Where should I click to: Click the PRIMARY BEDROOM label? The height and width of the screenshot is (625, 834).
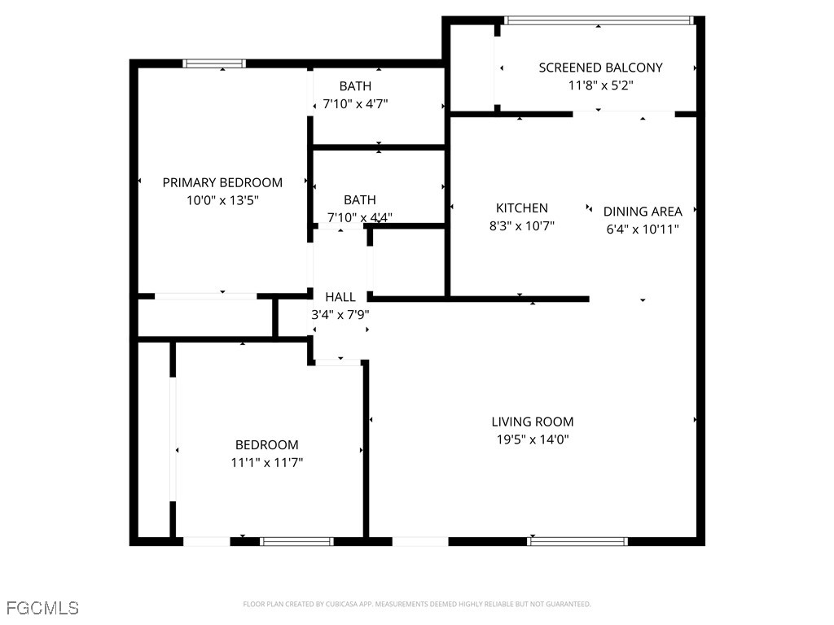222,182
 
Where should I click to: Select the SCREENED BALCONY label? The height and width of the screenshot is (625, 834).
600,68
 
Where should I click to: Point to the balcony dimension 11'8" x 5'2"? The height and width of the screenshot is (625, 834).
600,85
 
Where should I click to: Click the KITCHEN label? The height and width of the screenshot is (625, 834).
522,208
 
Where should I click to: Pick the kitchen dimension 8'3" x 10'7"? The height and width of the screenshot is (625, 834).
522,226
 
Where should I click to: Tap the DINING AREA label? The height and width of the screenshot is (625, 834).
643,212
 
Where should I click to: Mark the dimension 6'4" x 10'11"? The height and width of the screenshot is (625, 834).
643,229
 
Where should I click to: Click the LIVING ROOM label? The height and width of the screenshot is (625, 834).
533,422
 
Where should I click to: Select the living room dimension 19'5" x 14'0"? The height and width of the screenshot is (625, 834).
533,439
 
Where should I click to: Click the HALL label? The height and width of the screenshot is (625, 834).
340,297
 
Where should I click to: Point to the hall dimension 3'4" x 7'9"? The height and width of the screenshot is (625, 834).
340,314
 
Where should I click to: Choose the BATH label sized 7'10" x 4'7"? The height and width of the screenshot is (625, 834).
355,86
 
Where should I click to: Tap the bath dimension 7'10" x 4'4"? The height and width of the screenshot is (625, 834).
359,217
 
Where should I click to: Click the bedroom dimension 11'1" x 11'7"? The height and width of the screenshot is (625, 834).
267,462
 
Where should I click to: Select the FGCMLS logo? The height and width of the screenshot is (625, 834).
42,608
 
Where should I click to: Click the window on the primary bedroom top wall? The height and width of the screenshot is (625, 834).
214,63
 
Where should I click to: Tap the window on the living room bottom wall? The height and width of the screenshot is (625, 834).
578,541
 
